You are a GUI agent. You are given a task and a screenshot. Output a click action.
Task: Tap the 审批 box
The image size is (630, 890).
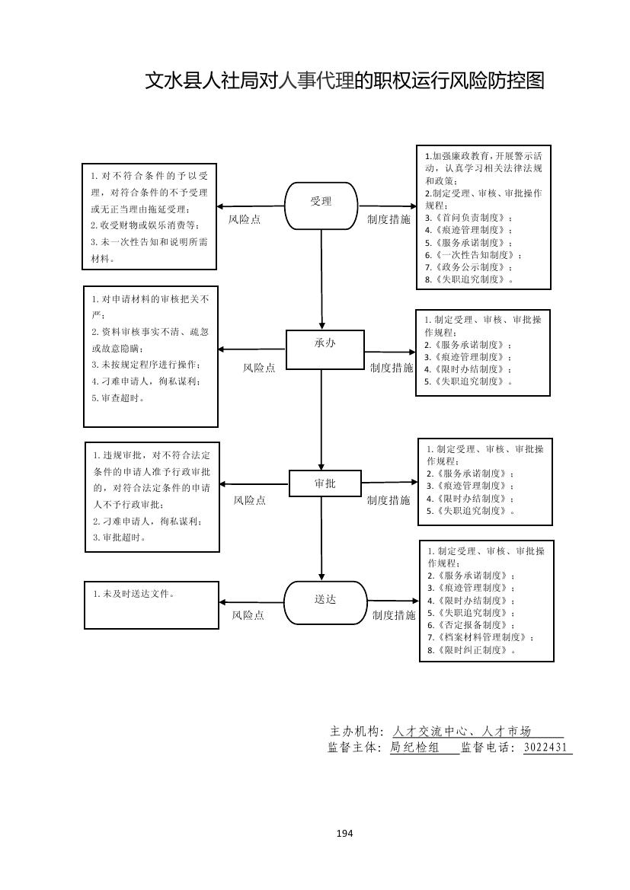pyautogui.click(x=325, y=483)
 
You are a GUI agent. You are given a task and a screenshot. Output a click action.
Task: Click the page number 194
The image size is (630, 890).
pyautogui.click(x=344, y=833)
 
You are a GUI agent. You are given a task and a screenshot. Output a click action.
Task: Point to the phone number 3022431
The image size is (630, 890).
pyautogui.click(x=546, y=748)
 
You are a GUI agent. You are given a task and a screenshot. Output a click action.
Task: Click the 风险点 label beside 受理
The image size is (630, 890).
pyautogui.click(x=245, y=219)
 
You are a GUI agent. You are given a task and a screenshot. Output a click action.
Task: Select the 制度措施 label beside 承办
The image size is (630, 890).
pyautogui.click(x=392, y=368)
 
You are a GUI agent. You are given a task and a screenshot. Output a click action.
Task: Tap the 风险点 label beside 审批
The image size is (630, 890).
pyautogui.click(x=249, y=500)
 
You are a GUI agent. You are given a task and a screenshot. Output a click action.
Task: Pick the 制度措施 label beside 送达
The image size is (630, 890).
pyautogui.click(x=394, y=615)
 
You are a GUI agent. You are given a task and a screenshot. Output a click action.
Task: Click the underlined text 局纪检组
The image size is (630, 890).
pyautogui.click(x=414, y=748)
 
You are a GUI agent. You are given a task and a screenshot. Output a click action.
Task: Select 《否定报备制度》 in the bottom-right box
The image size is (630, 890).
pyautogui.click(x=469, y=625)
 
